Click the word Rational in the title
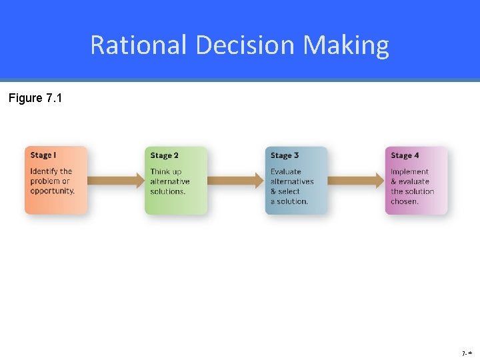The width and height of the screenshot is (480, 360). click(139, 45)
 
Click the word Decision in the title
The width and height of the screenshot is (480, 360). click(245, 45)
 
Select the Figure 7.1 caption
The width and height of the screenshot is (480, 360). click(35, 99)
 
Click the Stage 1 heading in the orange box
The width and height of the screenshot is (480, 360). click(43, 155)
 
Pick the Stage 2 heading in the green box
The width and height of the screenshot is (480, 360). click(164, 155)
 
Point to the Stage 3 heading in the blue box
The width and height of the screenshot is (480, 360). click(285, 155)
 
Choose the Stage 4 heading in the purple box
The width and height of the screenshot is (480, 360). click(405, 155)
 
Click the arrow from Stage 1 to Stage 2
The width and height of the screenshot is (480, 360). click(116, 180)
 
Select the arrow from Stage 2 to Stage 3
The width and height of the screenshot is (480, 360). click(236, 180)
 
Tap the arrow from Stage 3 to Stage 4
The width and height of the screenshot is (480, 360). click(357, 180)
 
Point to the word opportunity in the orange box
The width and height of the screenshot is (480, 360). click(52, 191)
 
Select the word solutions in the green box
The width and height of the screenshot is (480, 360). click(167, 191)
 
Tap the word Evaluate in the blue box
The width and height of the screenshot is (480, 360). click(285, 171)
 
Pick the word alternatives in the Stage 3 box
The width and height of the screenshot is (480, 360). click(291, 181)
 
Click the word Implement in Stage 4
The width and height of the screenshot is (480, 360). click(409, 171)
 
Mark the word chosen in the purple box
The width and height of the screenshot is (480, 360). click(405, 201)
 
